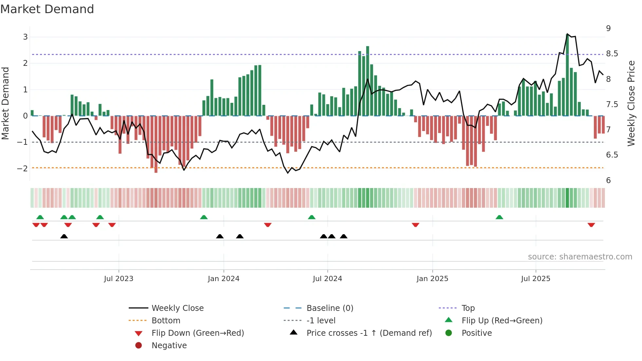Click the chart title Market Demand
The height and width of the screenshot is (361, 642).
click(x=47, y=9)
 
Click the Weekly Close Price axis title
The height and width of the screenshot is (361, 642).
click(x=631, y=103)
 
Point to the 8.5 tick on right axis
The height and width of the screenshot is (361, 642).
click(x=612, y=54)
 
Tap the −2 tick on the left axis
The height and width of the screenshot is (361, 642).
click(x=23, y=169)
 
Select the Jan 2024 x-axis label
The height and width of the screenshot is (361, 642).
click(x=223, y=279)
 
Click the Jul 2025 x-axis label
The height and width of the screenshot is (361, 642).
click(x=536, y=279)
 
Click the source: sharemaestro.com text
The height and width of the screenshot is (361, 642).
click(x=580, y=257)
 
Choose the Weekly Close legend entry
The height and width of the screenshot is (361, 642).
click(x=177, y=308)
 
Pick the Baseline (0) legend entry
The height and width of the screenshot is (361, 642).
click(x=330, y=308)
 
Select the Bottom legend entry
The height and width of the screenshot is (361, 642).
click(x=166, y=321)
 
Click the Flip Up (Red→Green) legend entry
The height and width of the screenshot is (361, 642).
click(x=502, y=321)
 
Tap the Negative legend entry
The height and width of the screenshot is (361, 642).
click(x=169, y=346)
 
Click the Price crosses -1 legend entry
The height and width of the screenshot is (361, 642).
click(x=369, y=333)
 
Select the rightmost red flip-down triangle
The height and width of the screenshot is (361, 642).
click(x=591, y=225)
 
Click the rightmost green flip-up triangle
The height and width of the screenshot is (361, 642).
click(x=499, y=217)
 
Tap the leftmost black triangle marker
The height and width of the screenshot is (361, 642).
click(x=64, y=236)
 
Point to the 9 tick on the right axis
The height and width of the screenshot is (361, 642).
click(x=608, y=28)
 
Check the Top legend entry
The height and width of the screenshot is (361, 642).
click(x=468, y=308)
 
